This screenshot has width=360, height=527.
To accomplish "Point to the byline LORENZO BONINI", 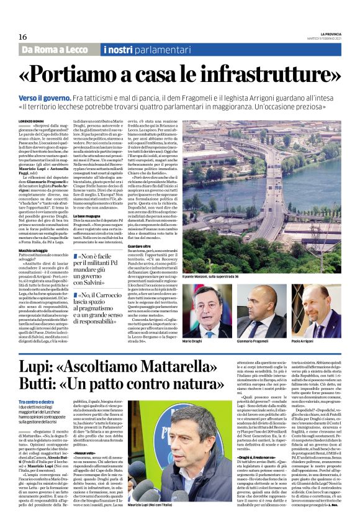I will click(x=31, y=121).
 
